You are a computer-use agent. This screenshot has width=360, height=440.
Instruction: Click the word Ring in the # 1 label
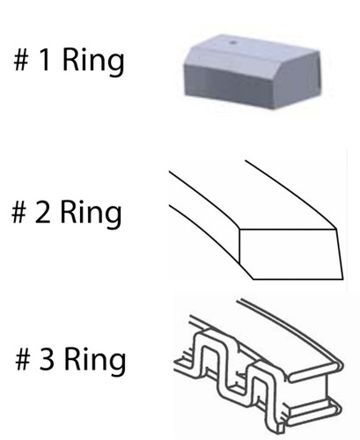[93, 62]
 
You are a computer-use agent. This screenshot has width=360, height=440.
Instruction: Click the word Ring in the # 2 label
[91, 214]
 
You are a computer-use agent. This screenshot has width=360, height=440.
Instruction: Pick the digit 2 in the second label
[42, 211]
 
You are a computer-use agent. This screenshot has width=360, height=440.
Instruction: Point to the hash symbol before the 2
[18, 212]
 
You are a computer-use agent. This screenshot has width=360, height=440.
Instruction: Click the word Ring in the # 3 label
[95, 361]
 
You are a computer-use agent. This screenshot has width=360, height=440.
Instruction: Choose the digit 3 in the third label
[47, 358]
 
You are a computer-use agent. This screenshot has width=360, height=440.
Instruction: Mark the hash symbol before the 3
[23, 359]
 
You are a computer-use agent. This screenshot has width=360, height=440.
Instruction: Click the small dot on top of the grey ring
[233, 42]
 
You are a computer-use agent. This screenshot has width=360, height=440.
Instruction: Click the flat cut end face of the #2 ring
[290, 253]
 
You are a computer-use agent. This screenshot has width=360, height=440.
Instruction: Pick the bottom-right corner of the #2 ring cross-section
[343, 279]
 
